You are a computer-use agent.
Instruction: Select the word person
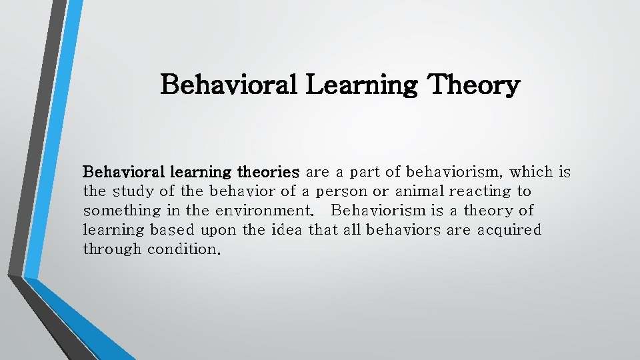[x=341, y=191]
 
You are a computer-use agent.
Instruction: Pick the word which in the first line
[x=531, y=172]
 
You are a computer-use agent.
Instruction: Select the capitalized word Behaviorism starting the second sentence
[x=378, y=211]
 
